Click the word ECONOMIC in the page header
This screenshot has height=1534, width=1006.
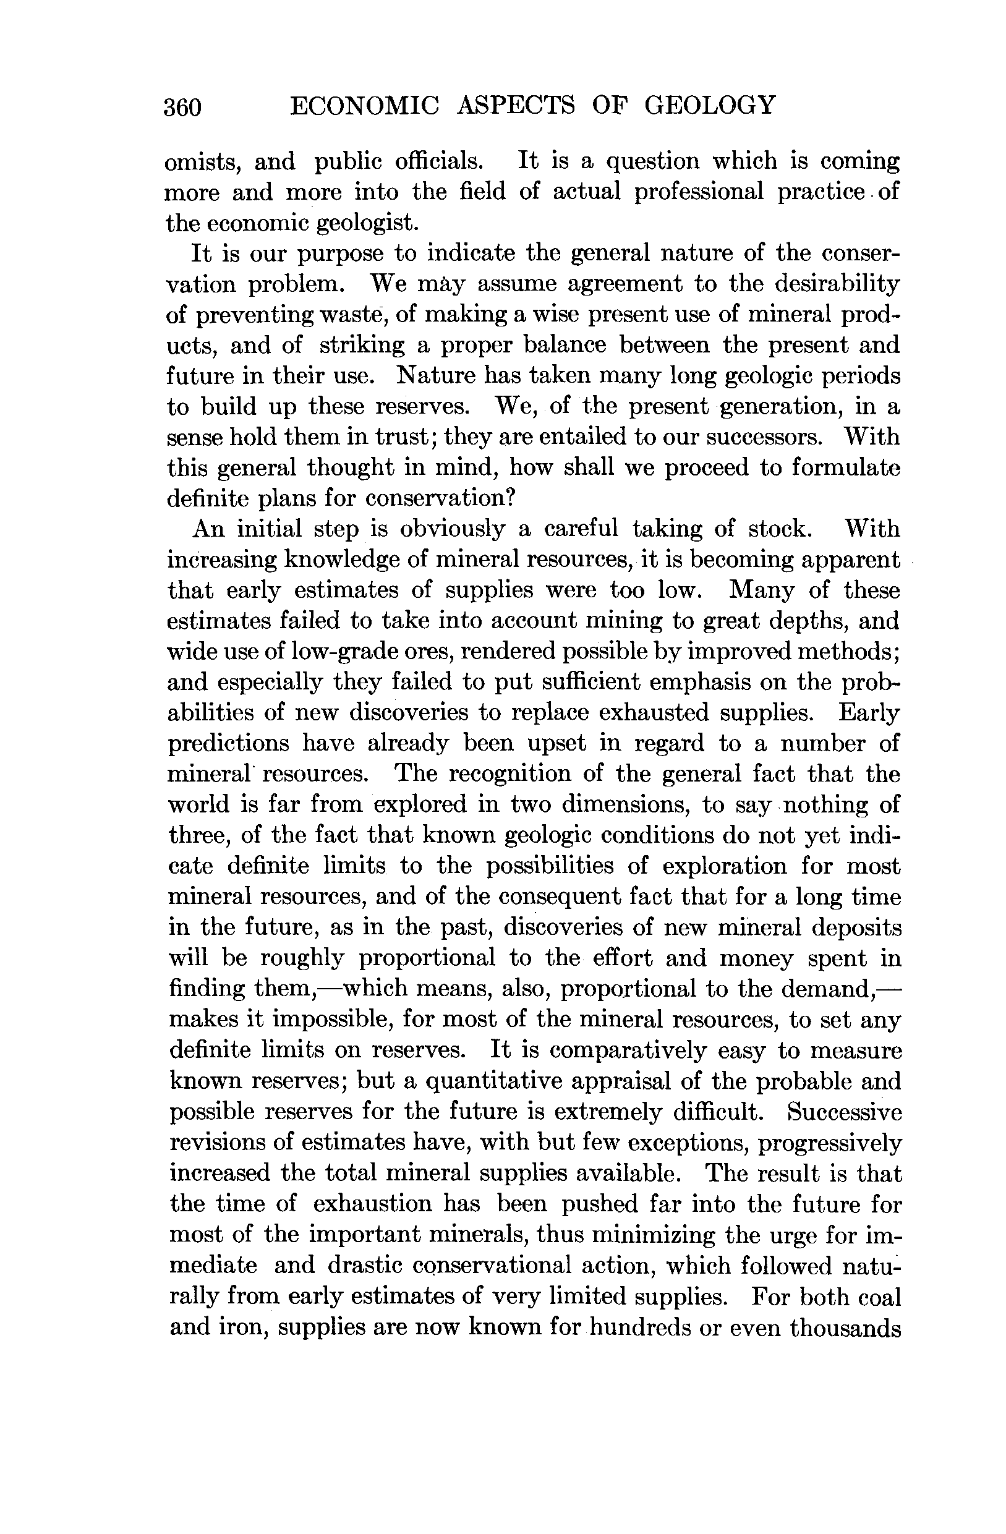pos(365,105)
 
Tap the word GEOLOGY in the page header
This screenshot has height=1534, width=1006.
pos(710,105)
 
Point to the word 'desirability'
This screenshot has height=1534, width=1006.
pos(837,284)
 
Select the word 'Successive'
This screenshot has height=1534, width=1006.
pos(844,1112)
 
